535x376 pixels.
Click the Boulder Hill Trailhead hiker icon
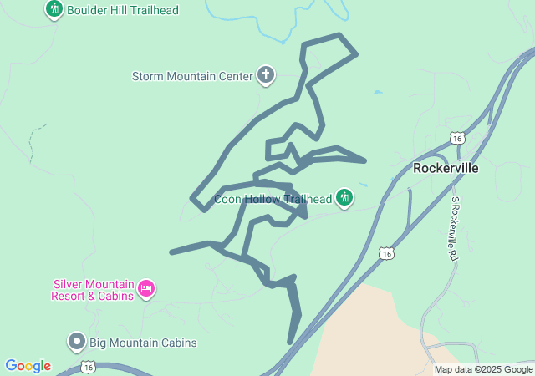(54, 9)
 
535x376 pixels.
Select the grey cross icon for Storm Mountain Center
(266, 75)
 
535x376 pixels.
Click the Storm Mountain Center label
(191, 76)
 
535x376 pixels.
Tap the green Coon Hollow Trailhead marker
(344, 198)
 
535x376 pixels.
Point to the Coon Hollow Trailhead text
(273, 199)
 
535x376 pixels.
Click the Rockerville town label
(446, 168)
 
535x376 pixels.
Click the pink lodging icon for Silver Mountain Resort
(146, 289)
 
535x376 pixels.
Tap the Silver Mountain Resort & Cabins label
(92, 290)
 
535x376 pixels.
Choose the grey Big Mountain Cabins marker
(77, 342)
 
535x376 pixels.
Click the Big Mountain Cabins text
(143, 343)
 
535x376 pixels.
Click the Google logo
(28, 366)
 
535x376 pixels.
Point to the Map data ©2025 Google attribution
(483, 369)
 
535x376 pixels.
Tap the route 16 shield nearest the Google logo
(89, 367)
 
